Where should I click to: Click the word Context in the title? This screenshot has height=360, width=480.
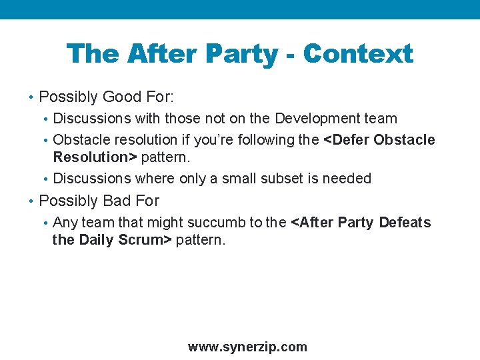point(358,54)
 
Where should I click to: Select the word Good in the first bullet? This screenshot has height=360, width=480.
point(123,97)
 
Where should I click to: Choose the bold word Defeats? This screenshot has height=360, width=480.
point(405,222)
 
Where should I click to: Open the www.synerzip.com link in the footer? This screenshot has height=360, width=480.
point(247,347)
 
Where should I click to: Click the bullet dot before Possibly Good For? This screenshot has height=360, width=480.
point(32,98)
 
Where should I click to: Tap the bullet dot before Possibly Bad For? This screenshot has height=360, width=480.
point(32,201)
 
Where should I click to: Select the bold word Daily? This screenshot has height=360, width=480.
point(97,240)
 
